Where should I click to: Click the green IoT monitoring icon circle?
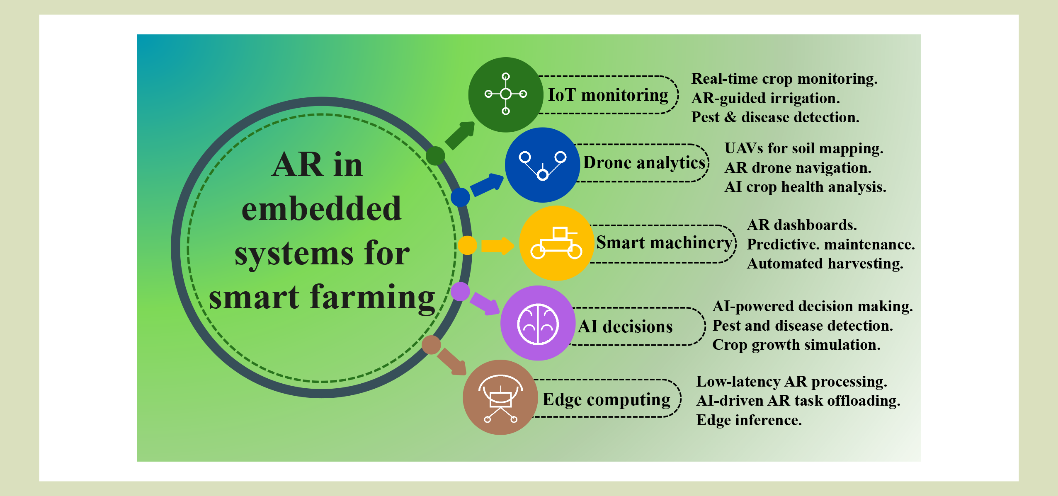point(506,94)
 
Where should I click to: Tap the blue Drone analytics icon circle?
point(542,165)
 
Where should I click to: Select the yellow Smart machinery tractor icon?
point(557,243)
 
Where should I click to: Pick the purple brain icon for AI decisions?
point(538,323)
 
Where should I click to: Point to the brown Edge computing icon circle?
point(500,397)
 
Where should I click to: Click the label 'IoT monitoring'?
point(608,95)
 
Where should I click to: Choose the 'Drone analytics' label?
point(645,163)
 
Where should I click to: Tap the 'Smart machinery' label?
point(665,243)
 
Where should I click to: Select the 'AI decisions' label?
point(625,327)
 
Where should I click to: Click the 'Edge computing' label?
point(607,400)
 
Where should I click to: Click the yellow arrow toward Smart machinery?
point(497,246)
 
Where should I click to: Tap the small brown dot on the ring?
point(431,345)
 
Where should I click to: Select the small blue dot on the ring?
point(460,197)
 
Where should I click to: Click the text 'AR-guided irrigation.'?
point(766,98)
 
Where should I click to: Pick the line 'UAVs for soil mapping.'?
point(804,148)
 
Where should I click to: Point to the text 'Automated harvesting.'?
point(825,264)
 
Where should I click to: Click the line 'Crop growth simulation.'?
point(796,345)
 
